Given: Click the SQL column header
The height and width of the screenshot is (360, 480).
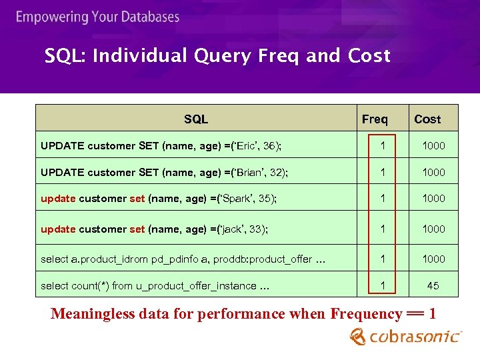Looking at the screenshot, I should click(x=196, y=119).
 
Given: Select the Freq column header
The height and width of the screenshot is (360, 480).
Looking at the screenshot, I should click(x=375, y=119).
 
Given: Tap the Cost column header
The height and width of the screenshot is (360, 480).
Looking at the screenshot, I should click(x=427, y=119).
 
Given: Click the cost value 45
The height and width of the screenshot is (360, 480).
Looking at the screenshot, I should click(x=433, y=285).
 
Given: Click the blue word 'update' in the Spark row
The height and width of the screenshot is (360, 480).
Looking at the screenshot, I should click(x=58, y=198).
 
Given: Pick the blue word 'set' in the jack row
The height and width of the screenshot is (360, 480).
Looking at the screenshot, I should click(x=137, y=229).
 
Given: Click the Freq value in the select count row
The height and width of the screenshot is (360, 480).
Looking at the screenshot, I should click(x=383, y=285).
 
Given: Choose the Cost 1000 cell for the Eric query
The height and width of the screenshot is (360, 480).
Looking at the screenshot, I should click(x=433, y=145).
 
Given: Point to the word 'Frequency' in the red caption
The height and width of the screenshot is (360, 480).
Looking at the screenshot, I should click(x=365, y=313).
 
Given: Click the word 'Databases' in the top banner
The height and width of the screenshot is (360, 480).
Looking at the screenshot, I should click(x=146, y=17).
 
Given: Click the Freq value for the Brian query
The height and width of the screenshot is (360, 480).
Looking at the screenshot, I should click(x=383, y=172).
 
